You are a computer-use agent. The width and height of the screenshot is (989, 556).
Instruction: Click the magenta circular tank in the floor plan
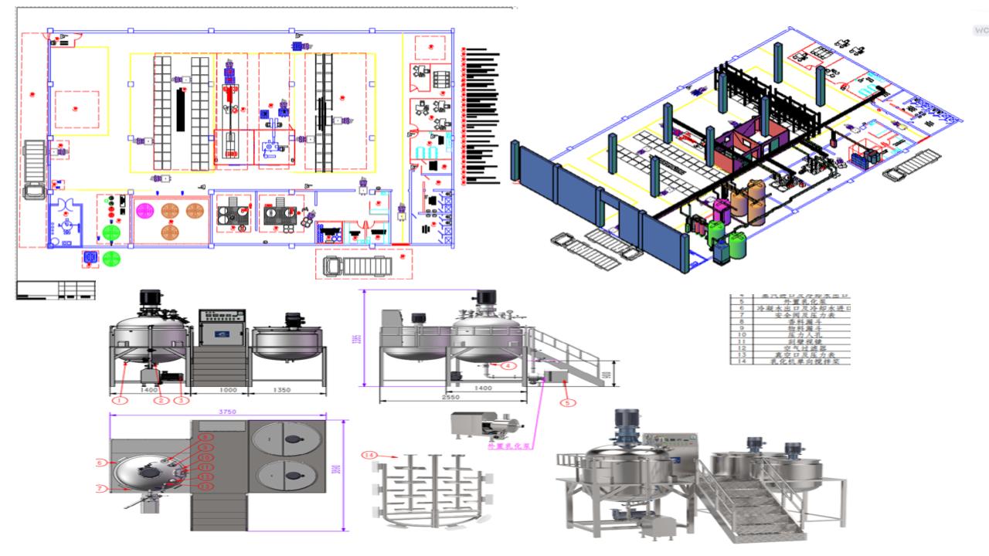click(144, 210)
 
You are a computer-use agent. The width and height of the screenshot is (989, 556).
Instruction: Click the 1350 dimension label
click(282, 391)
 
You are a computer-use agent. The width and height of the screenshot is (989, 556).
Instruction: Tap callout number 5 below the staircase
click(568, 402)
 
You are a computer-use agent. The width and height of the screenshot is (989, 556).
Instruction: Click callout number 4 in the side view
click(509, 365)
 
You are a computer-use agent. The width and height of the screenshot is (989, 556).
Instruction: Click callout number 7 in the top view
click(100, 488)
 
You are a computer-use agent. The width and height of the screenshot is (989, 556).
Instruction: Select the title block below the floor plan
click(56, 290)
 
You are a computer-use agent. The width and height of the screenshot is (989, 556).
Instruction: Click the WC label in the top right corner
click(981, 30)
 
